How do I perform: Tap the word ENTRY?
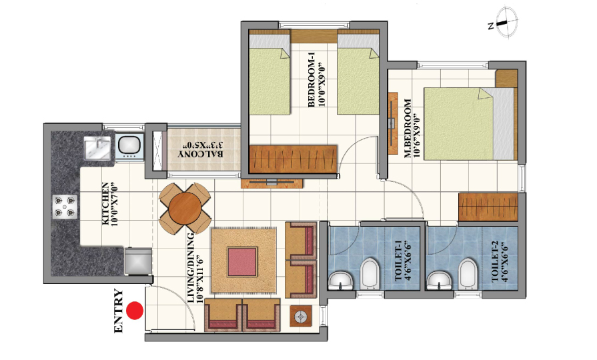119,311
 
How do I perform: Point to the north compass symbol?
504,23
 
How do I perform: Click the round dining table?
185,208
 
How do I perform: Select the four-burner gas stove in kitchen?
65,207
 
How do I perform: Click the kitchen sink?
97,148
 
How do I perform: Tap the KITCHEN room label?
109,204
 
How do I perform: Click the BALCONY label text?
201,149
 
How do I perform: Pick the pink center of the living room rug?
243,262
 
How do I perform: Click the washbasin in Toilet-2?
439,281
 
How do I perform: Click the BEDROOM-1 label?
316,82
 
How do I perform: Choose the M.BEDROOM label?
412,128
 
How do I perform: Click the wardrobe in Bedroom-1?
293,159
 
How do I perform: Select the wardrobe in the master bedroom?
488,207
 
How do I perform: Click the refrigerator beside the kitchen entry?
138,261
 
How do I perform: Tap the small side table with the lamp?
301,317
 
